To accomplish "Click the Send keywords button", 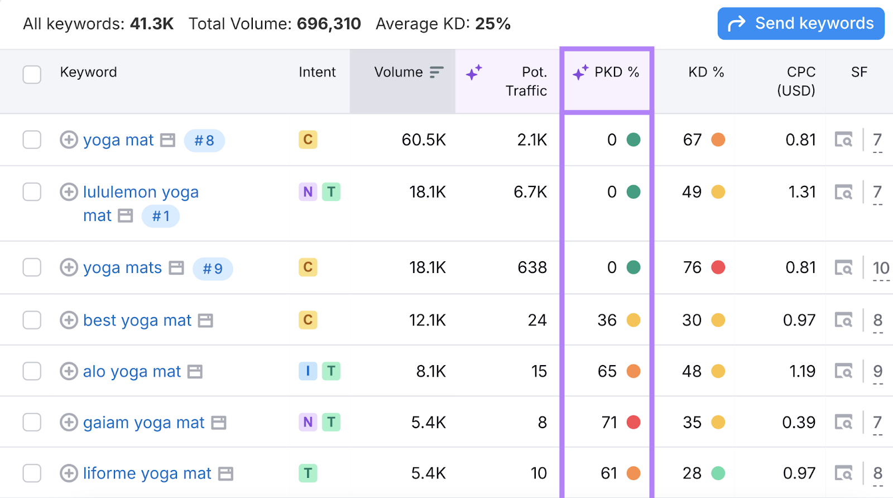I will [x=800, y=23].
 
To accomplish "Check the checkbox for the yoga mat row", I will [x=32, y=140].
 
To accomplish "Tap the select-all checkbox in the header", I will [x=32, y=74].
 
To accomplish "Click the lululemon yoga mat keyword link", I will [x=140, y=193].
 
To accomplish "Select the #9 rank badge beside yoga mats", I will [x=213, y=269].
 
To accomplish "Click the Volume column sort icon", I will [x=436, y=72].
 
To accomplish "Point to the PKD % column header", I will [x=607, y=73].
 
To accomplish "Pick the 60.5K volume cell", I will [x=424, y=140].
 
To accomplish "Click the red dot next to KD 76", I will [x=718, y=267].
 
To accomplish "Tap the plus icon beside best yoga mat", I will [x=69, y=320].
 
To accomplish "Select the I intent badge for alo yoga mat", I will [x=308, y=371].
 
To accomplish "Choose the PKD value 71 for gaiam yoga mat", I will [x=609, y=422].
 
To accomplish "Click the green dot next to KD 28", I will [x=718, y=473].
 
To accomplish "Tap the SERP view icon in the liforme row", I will [x=843, y=473].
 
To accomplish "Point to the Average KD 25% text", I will [x=443, y=24].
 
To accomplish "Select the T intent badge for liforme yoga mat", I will [x=308, y=473].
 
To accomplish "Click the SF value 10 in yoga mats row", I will [x=881, y=268].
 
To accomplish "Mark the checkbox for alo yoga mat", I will [x=32, y=371].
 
